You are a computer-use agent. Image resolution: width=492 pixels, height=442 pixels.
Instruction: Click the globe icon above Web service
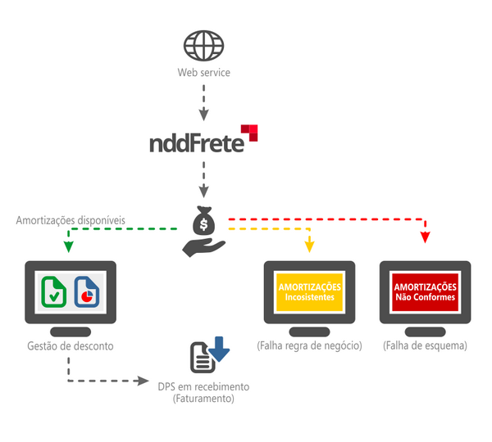(203, 46)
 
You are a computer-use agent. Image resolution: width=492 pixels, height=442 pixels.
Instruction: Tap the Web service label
(203, 73)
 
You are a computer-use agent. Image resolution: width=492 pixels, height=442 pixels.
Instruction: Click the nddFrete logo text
(197, 142)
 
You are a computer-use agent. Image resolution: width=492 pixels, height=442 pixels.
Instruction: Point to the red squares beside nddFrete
(248, 132)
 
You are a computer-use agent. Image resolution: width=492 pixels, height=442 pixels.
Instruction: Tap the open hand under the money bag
(203, 246)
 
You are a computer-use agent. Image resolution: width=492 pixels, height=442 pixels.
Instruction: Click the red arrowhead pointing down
(425, 237)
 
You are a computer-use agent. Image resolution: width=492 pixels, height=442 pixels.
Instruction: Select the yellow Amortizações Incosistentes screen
(309, 292)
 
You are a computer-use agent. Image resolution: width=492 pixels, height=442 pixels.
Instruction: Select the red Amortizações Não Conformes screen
(425, 292)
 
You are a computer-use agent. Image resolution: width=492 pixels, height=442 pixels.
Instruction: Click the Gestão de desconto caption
(70, 346)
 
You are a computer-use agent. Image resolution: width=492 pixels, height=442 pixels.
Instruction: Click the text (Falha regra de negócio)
(309, 346)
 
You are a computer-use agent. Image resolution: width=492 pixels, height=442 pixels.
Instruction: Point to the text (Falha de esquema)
(425, 346)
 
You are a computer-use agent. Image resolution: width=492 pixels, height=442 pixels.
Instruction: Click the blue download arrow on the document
(219, 348)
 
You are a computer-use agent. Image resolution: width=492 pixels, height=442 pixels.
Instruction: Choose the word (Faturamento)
(203, 399)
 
